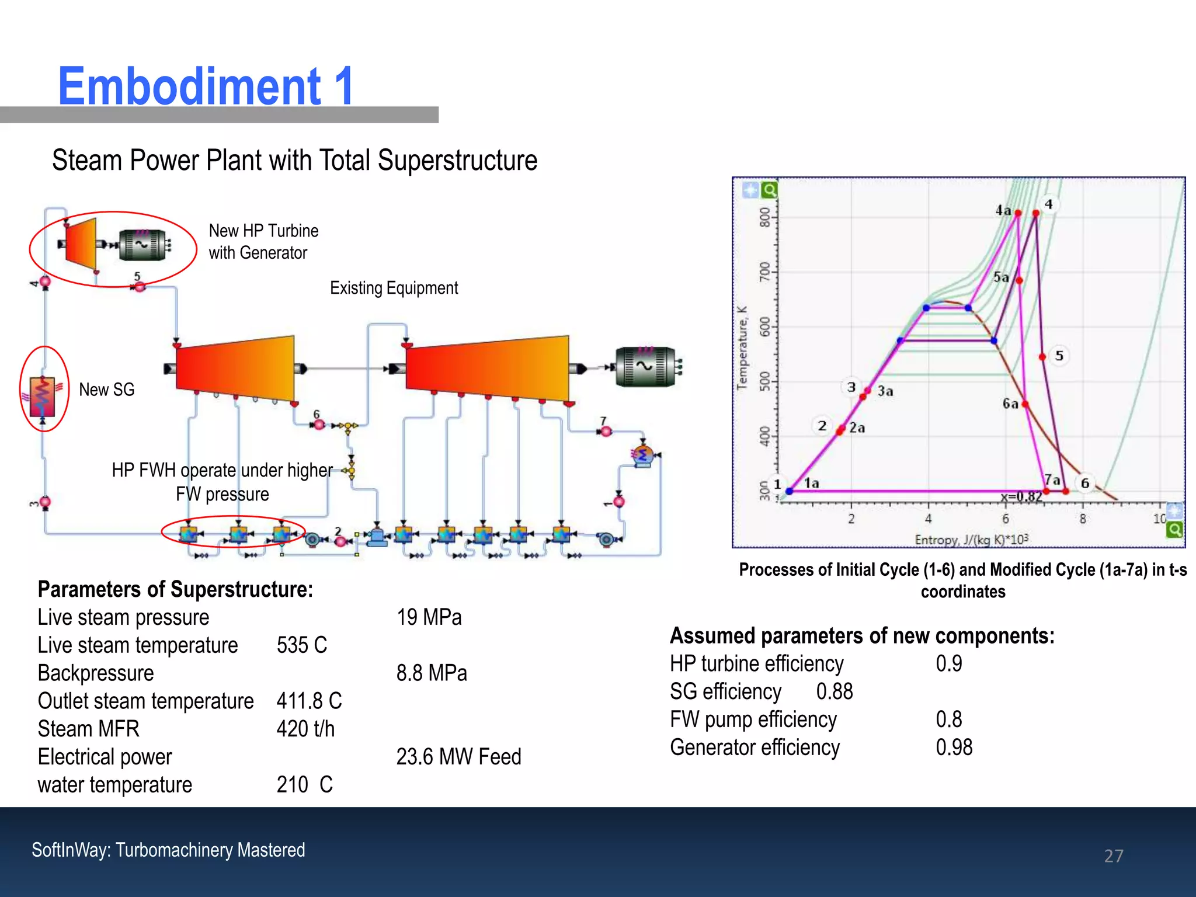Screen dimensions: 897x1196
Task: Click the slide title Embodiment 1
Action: coord(206,86)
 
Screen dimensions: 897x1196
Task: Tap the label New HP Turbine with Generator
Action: coord(263,242)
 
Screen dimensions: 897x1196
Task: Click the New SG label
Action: coord(107,390)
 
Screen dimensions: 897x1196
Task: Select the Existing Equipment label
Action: coord(394,288)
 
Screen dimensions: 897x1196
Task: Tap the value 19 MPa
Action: coord(429,617)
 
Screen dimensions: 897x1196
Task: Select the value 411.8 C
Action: coord(309,701)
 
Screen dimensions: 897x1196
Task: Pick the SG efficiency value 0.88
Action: coord(835,691)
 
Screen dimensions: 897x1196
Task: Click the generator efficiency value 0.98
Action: coord(954,747)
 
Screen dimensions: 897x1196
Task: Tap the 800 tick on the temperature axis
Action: coord(764,217)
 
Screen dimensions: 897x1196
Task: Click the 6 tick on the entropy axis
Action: coord(1005,519)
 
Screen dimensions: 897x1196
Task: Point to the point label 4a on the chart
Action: coord(1003,210)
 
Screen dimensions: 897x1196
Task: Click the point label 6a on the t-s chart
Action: coord(1010,404)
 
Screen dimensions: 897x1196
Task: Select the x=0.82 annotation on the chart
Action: coord(1021,497)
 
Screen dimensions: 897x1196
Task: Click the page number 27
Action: coord(1114,856)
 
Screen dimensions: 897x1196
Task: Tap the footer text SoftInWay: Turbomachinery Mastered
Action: coord(168,850)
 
